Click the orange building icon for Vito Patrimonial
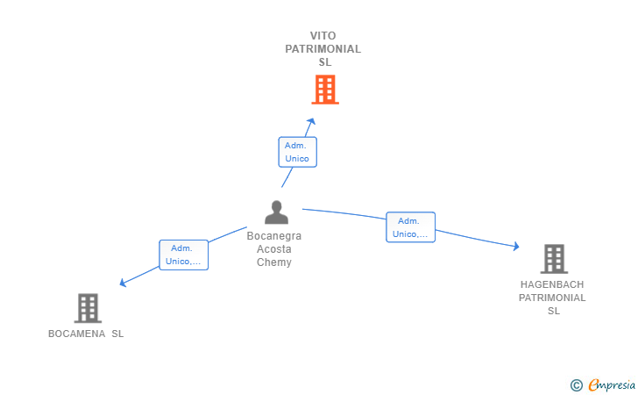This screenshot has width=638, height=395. coord(325,90)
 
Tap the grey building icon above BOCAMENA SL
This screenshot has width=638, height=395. coord(88,308)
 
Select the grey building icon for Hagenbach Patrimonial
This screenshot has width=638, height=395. coord(554,259)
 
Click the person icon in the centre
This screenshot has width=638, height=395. coord(277,212)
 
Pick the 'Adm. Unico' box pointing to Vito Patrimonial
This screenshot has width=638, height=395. coord(297,152)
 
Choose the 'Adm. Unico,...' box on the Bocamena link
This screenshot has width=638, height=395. coord(183,255)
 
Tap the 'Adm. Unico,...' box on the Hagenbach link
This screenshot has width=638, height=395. coord(410,227)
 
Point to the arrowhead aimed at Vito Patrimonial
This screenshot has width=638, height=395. coord(312,121)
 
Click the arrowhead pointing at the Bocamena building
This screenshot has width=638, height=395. coord(123,283)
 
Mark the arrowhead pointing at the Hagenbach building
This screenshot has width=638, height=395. coord(516,246)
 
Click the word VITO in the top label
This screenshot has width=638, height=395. coord(323,35)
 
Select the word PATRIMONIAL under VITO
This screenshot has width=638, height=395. coord(323,49)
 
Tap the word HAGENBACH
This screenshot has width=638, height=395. coord(552,284)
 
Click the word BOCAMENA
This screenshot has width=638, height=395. coord(77,334)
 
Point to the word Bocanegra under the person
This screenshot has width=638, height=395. coord(274,236)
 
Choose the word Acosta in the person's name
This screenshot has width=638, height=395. coord(274,249)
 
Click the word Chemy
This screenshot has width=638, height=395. coord(274,262)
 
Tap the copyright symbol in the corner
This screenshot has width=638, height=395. coord(577,385)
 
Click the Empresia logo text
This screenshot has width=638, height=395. coord(612,384)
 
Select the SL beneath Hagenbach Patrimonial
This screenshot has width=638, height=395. coord(554,311)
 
